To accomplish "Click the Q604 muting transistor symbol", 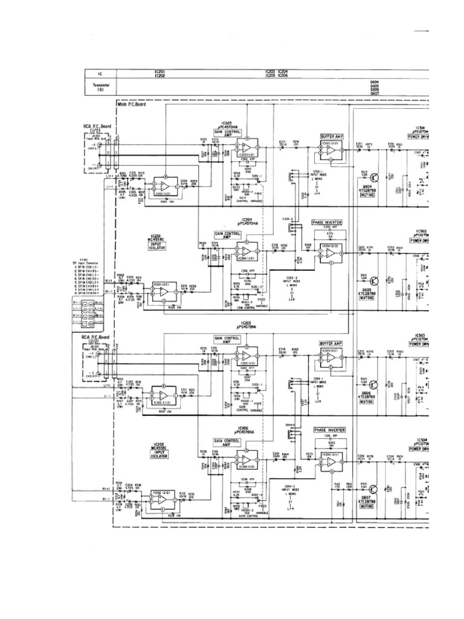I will coord(375,177).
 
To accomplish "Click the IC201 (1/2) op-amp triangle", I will coord(163,187).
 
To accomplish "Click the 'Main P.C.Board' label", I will coord(133,105).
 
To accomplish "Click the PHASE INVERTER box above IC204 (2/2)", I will coord(328,222).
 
